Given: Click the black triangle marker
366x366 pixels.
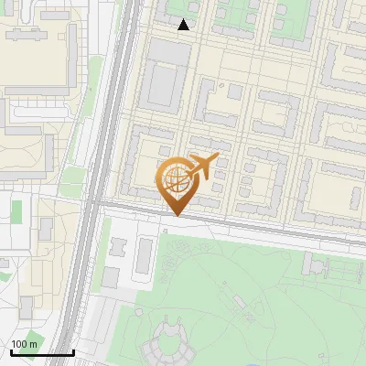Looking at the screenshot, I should point(184,25).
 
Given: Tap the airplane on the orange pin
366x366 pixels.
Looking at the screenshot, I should point(203,167).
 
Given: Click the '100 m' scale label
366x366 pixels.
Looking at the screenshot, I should point(24,344).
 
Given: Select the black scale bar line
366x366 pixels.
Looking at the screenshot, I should point(41,352).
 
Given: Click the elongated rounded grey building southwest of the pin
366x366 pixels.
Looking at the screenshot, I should point(144,257).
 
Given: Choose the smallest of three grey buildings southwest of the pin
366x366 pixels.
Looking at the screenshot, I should point(118,247).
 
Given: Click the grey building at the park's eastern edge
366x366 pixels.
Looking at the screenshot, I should point(319,266).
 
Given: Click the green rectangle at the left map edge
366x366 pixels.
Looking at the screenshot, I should point(16,211).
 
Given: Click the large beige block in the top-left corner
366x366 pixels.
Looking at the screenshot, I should point(37,64).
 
